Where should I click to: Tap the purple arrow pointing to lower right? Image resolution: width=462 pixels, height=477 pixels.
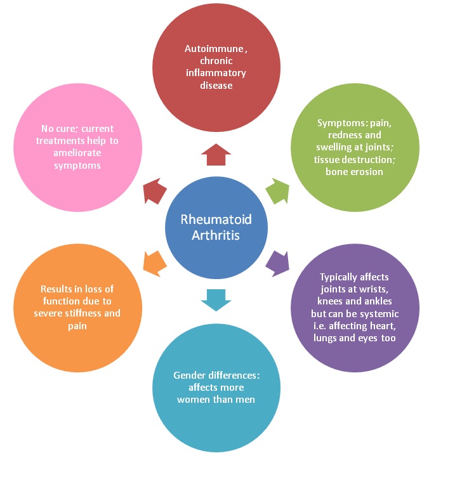click(x=277, y=261)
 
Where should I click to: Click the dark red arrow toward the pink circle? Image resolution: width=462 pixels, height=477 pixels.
click(x=155, y=190)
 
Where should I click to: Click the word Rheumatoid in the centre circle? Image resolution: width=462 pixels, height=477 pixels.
click(x=216, y=219)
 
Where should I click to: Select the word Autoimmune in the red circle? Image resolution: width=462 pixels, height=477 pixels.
click(x=209, y=48)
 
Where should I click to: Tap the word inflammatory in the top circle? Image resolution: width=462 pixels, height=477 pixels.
click(x=216, y=73)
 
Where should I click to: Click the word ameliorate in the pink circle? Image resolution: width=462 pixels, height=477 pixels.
click(x=76, y=153)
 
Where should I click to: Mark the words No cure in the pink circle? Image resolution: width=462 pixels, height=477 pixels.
click(x=53, y=129)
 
